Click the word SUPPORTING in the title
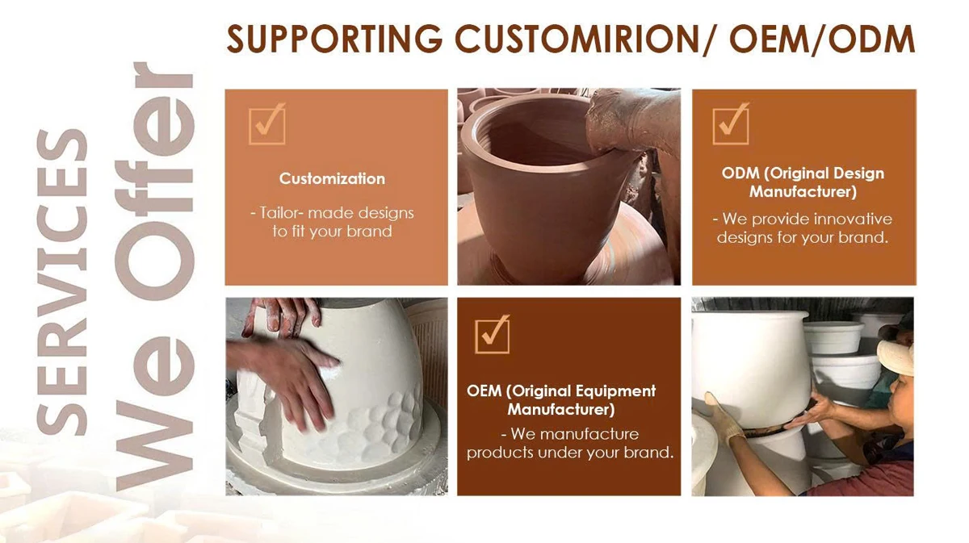(x=335, y=39)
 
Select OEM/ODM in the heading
(x=822, y=39)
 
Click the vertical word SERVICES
(x=62, y=282)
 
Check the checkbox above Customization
(x=267, y=124)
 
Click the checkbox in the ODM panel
(x=731, y=124)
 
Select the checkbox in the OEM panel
(x=493, y=336)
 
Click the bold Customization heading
(x=332, y=178)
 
